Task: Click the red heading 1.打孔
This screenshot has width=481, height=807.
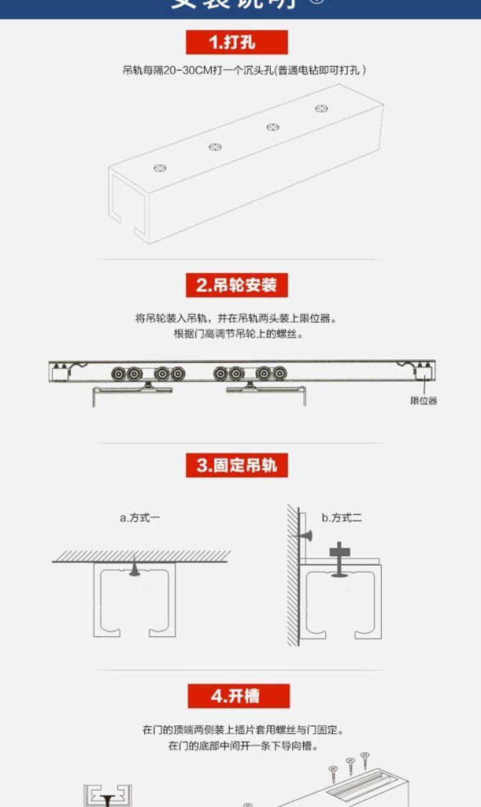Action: point(237,42)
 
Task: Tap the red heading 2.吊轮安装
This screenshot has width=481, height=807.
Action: point(237,285)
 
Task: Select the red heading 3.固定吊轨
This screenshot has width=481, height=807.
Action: point(237,465)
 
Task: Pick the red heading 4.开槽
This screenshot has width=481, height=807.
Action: point(238,696)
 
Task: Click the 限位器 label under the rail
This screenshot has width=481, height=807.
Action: point(424,401)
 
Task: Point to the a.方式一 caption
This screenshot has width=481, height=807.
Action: point(140,518)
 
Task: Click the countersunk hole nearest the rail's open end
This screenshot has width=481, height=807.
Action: point(160,169)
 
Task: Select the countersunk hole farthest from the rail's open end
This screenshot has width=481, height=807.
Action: point(322,108)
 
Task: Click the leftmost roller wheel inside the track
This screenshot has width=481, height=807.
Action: point(118,373)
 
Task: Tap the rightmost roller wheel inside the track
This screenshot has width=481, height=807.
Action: point(280,373)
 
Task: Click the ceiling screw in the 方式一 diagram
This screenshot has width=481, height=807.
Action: point(134,568)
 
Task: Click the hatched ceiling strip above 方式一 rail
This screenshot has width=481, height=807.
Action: point(141,556)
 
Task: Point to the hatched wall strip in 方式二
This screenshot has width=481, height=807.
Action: point(292,577)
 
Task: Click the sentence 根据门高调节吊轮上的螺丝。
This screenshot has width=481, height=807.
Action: point(239,334)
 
